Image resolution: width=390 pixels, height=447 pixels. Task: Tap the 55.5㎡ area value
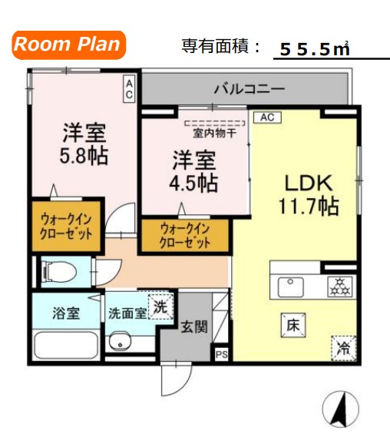tap(315, 49)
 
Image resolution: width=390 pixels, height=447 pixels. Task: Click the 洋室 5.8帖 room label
tap(84, 144)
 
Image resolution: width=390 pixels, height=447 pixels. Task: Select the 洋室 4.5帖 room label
tap(193, 172)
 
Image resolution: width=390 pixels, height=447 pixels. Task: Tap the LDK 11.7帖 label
tap(307, 194)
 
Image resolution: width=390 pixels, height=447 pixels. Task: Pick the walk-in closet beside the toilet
tap(67, 226)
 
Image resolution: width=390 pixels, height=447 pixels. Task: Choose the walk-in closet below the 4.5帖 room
tap(184, 236)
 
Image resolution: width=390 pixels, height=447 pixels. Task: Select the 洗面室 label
tap(127, 313)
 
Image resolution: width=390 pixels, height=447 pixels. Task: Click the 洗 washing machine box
tap(159, 306)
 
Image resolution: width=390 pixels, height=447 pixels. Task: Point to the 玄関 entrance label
tap(193, 326)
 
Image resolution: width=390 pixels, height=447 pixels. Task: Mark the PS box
tap(222, 354)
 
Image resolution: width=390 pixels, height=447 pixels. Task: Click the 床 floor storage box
tap(293, 325)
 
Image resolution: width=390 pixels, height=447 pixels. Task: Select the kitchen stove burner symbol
tap(339, 287)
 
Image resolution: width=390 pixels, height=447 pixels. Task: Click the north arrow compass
tap(339, 409)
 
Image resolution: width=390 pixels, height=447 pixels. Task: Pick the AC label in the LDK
tap(267, 118)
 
